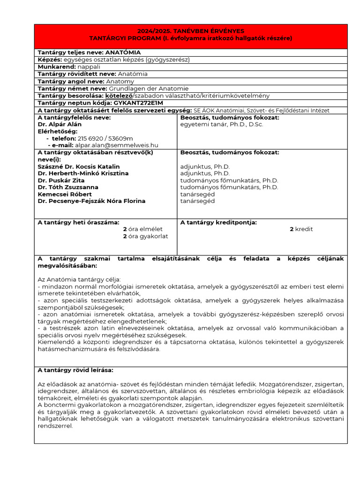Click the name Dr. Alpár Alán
coord(60,124)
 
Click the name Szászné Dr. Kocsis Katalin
coord(78,166)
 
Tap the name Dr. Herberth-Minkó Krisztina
coord(83,173)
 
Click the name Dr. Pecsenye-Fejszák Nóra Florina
coord(91,201)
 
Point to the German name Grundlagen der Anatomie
coord(149,88)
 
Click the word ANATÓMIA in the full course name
coord(123,52)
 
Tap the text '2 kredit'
coord(301,229)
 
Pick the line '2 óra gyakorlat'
coord(145,236)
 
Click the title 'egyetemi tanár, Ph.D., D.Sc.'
coord(222,124)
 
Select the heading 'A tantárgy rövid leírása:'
coord(75,370)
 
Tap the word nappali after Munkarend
coord(89,67)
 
